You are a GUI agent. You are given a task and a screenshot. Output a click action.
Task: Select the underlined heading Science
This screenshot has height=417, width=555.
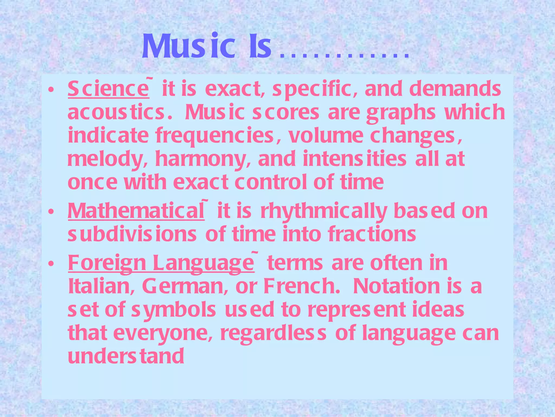[x=108, y=89]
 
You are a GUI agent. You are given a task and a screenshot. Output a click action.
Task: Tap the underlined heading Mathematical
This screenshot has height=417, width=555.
[x=136, y=211]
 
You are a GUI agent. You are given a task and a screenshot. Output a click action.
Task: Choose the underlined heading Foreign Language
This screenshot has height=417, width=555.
[x=161, y=263]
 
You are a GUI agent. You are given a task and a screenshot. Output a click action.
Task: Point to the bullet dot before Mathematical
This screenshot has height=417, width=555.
[x=50, y=212]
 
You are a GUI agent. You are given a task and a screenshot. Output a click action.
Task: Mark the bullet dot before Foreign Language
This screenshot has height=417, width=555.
[x=50, y=263]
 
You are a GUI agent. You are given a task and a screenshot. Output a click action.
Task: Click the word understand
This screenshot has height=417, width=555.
[x=126, y=356]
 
